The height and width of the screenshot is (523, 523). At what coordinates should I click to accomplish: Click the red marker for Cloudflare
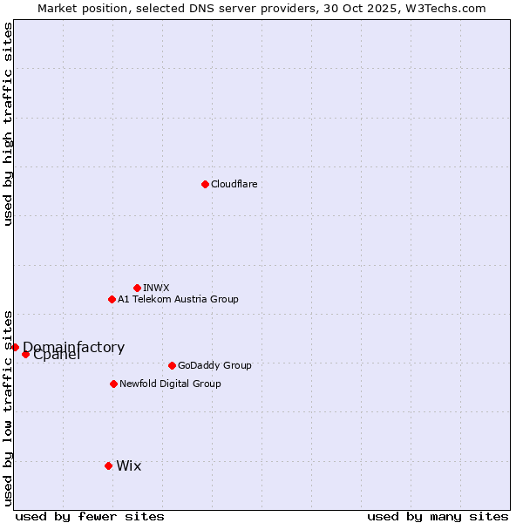pyautogui.click(x=205, y=184)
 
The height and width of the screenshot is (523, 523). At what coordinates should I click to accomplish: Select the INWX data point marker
pyautogui.click(x=137, y=288)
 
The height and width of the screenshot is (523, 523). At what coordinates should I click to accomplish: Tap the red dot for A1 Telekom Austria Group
pyautogui.click(x=112, y=299)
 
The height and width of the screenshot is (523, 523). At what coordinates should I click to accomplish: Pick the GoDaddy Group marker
pyautogui.click(x=172, y=365)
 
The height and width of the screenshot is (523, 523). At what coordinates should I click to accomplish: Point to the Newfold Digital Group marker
pyautogui.click(x=113, y=384)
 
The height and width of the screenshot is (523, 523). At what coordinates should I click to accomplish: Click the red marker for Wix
pyautogui.click(x=108, y=465)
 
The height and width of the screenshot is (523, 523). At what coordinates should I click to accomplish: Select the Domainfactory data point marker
pyautogui.click(x=15, y=347)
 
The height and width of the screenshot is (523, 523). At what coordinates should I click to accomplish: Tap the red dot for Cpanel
pyautogui.click(x=25, y=354)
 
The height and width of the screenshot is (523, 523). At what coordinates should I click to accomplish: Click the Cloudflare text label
pyautogui.click(x=234, y=184)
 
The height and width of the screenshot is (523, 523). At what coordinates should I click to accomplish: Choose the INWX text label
pyautogui.click(x=156, y=288)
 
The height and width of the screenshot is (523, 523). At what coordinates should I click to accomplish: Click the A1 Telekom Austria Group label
pyautogui.click(x=178, y=299)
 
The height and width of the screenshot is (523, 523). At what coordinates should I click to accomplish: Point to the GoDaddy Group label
pyautogui.click(x=214, y=365)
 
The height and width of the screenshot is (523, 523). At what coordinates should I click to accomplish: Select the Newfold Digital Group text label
pyautogui.click(x=170, y=384)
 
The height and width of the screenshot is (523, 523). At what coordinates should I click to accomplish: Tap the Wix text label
pyautogui.click(x=128, y=465)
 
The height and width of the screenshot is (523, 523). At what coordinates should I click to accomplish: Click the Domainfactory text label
pyautogui.click(x=73, y=347)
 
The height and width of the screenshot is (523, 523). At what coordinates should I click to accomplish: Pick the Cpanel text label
pyautogui.click(x=57, y=355)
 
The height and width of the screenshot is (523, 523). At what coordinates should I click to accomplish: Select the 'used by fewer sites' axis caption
pyautogui.click(x=90, y=516)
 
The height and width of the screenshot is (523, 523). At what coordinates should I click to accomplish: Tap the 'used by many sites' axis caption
pyautogui.click(x=438, y=516)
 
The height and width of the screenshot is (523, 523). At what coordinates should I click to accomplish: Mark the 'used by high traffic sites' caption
pyautogui.click(x=8, y=124)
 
